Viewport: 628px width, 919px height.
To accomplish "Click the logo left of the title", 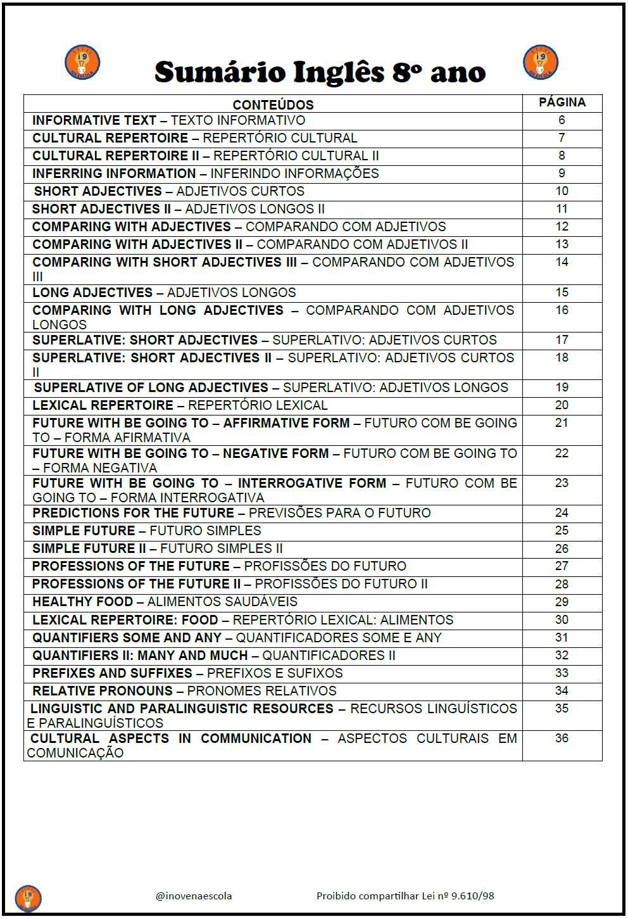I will click(x=82, y=63).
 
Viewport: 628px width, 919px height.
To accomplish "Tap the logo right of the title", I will click(x=541, y=63).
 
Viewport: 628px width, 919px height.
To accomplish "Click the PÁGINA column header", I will click(x=562, y=102).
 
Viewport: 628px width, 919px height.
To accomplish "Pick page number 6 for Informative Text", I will click(x=562, y=120).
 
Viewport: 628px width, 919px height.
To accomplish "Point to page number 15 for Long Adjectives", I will click(x=562, y=293).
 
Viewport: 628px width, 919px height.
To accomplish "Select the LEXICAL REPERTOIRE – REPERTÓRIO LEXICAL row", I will click(x=180, y=405).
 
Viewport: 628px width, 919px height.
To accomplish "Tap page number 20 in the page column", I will click(x=562, y=405).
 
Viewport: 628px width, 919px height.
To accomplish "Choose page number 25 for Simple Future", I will click(x=562, y=531).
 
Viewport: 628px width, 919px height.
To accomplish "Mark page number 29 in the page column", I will click(x=562, y=602).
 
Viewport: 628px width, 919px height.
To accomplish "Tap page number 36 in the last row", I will click(x=562, y=738).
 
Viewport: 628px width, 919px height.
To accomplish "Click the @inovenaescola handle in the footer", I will click(x=194, y=896).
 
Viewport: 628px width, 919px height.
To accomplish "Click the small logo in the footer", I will click(x=28, y=897).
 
